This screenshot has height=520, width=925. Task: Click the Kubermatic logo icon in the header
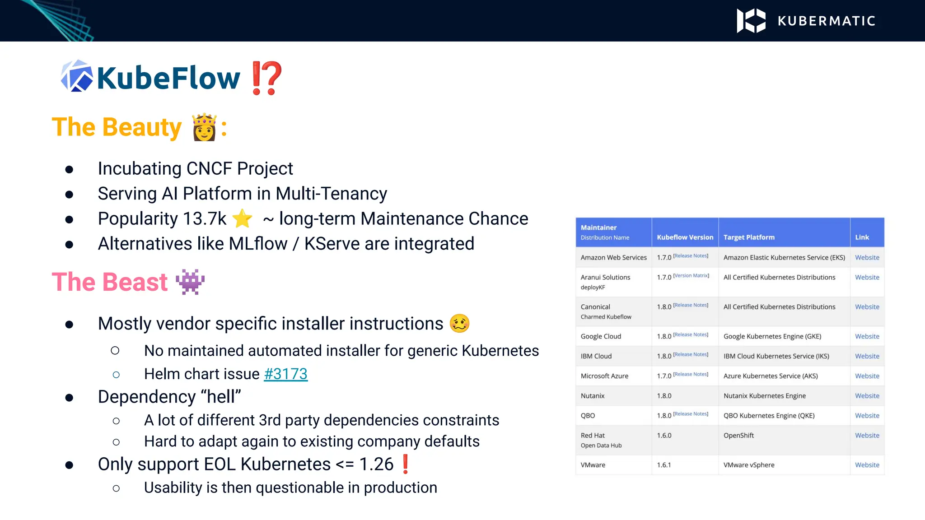(x=751, y=21)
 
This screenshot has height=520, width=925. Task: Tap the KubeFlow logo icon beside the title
(x=77, y=77)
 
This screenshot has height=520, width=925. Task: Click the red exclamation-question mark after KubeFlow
(x=266, y=78)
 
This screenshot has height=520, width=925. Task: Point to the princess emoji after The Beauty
(x=204, y=127)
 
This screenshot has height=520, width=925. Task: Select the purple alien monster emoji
(x=190, y=282)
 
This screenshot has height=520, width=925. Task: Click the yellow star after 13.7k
(x=243, y=219)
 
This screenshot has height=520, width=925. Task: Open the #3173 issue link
(x=285, y=374)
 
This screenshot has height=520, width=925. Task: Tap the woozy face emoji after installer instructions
(x=459, y=323)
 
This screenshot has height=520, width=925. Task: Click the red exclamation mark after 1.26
(x=405, y=464)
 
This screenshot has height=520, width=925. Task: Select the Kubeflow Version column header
(x=685, y=237)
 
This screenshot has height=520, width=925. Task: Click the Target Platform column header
(x=749, y=237)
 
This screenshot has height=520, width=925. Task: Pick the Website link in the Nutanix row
(x=867, y=396)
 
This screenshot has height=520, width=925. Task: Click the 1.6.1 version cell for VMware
(x=664, y=465)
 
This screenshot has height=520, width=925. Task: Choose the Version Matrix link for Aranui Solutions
(x=691, y=276)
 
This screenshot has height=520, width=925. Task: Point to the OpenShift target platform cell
(x=738, y=436)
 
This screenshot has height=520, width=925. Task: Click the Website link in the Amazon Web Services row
(x=867, y=258)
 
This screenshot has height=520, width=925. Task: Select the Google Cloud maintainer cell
(x=601, y=336)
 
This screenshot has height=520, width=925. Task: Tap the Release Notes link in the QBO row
(x=691, y=414)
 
